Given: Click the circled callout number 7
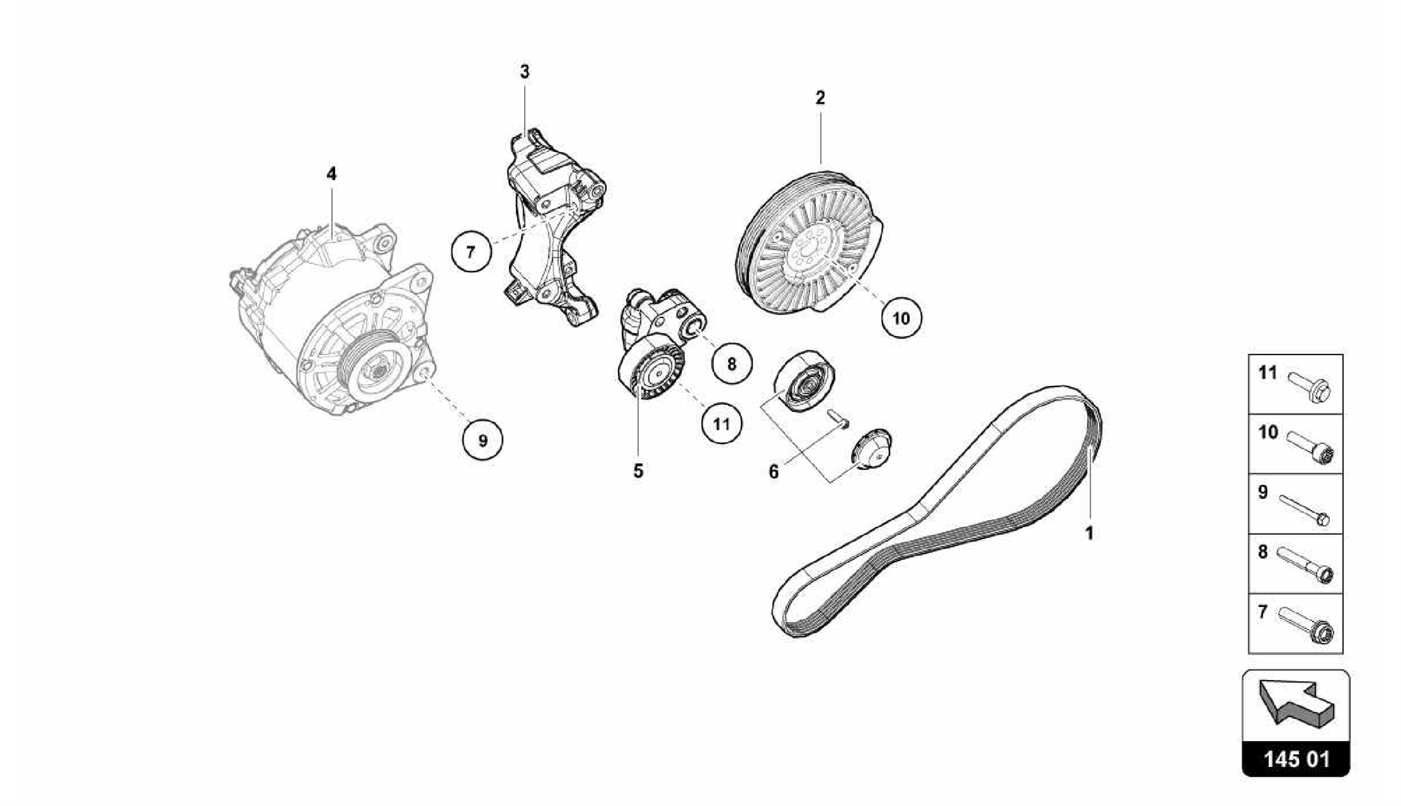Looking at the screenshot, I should tap(471, 252).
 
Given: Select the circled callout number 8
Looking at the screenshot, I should tap(731, 363).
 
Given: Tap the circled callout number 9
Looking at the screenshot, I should tap(482, 440).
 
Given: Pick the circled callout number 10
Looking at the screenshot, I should tap(901, 317).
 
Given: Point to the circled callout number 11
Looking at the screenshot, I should tap(722, 424).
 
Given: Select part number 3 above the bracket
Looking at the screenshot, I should tap(525, 71).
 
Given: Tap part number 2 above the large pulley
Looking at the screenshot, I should tap(820, 97).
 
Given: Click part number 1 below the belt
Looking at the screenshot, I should tap(1090, 532).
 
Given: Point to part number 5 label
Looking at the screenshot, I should tap(638, 471).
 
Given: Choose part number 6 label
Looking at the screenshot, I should tap(774, 471).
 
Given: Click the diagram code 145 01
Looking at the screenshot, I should tap(1296, 759).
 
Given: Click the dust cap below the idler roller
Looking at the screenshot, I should tap(871, 449).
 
